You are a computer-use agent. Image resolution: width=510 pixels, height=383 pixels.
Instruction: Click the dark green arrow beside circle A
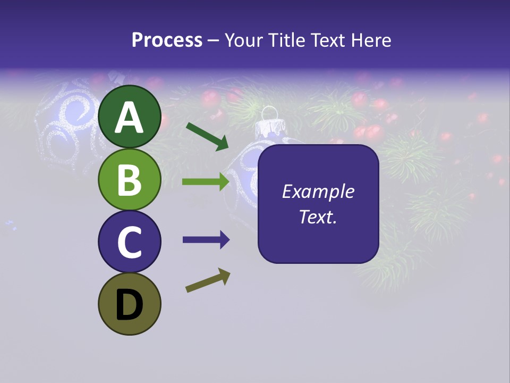click(x=207, y=136)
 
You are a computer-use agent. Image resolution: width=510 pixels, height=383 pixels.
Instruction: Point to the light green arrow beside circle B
click(x=206, y=182)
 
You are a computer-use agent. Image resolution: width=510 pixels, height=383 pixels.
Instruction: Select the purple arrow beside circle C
click(x=206, y=240)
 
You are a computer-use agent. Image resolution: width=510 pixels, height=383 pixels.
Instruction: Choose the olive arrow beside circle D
click(x=208, y=280)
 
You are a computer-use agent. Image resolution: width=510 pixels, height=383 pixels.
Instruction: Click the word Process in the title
click(x=167, y=40)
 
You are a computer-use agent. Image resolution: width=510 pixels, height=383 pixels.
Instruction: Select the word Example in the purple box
click(x=318, y=191)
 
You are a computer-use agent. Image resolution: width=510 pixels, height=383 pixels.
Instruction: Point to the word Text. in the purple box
click(x=318, y=217)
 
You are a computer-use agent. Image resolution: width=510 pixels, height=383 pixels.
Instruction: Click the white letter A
click(x=129, y=118)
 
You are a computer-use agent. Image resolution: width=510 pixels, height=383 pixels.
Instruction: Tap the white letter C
click(x=129, y=242)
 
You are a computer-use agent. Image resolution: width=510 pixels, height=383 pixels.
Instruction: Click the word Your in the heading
click(x=243, y=40)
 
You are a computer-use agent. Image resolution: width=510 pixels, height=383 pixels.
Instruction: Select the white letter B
click(x=129, y=179)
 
